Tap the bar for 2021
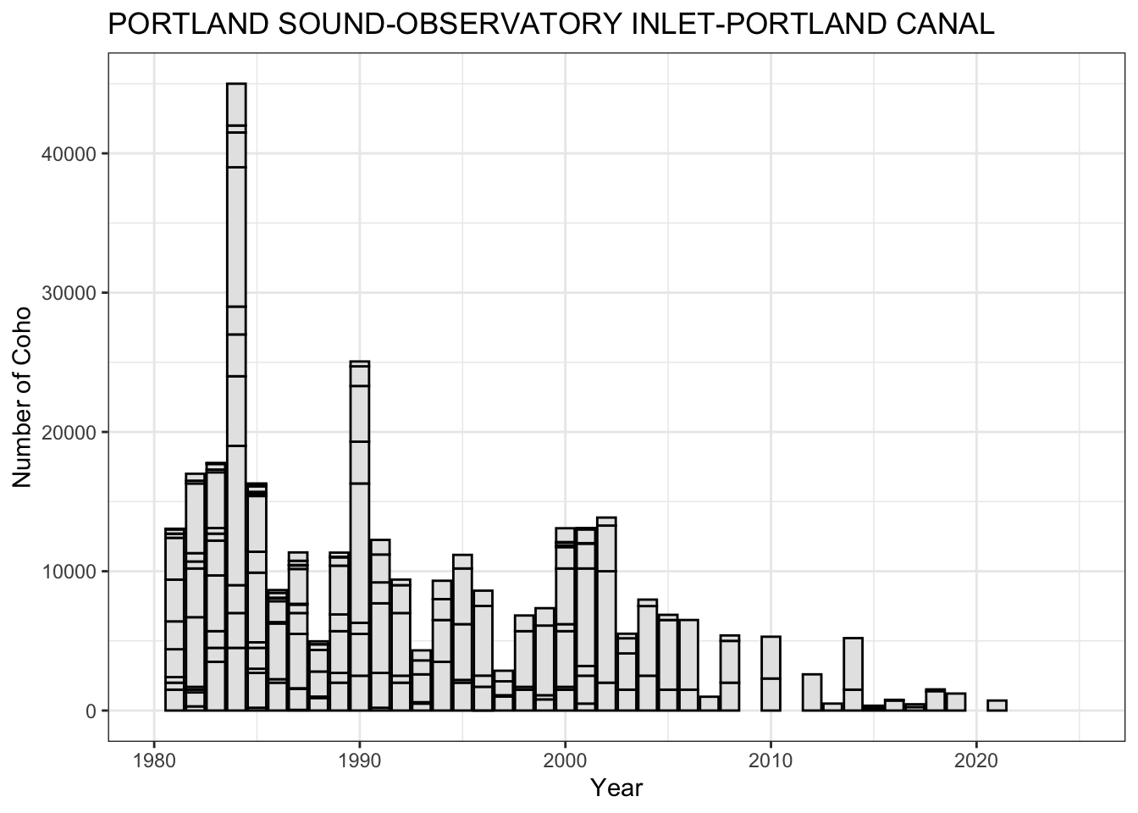coord(997,705)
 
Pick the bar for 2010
coord(771,673)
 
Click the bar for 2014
coord(853,674)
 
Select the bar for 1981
coord(174,619)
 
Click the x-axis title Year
coord(616,788)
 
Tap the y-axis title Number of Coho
coord(23,396)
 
